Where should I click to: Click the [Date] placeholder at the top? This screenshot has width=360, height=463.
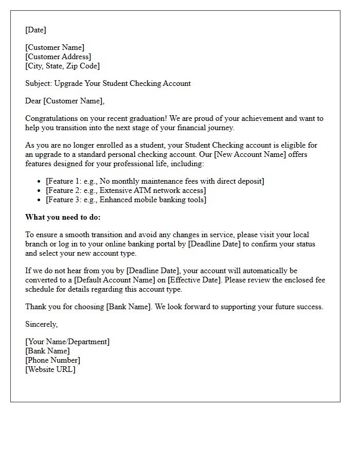tap(35, 30)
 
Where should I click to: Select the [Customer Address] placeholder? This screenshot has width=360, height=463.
tap(58, 57)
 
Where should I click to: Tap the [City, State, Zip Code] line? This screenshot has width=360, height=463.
tap(62, 66)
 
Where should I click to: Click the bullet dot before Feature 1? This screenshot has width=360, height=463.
tap(40, 182)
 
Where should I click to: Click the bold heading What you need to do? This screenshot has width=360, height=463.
tap(63, 217)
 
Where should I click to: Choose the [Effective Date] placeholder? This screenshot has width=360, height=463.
tap(196, 280)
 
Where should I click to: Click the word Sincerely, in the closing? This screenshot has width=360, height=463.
tap(42, 325)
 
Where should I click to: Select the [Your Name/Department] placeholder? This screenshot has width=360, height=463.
tap(67, 342)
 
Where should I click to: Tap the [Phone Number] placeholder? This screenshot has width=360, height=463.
tap(52, 361)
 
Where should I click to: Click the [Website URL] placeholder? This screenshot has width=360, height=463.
tap(50, 370)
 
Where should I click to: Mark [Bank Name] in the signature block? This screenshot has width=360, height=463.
tap(47, 351)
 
